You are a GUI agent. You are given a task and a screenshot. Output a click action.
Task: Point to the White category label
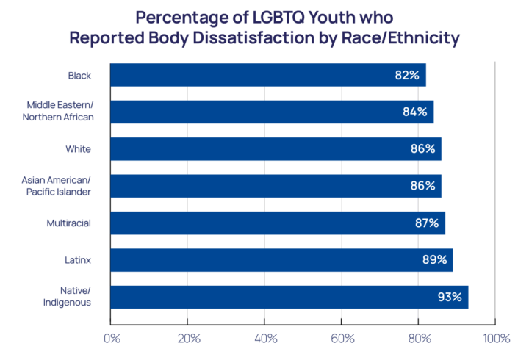pyautogui.click(x=78, y=149)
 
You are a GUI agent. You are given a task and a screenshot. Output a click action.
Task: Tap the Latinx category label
pyautogui.click(x=77, y=260)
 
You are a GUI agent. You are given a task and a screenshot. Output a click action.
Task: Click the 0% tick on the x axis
pyautogui.click(x=112, y=339)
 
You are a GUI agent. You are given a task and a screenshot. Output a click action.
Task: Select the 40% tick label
pyautogui.click(x=265, y=339)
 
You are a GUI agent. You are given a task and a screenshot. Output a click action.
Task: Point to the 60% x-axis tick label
pyautogui.click(x=342, y=339)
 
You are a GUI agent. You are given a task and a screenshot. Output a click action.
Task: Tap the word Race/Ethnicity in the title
pyautogui.click(x=406, y=38)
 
